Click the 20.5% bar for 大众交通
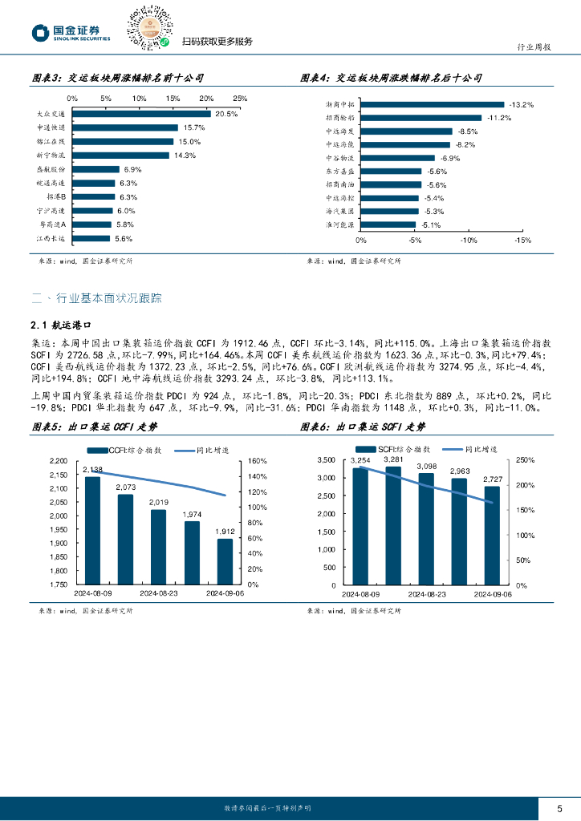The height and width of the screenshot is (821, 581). click(x=141, y=114)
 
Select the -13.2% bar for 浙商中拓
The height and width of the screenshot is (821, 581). click(x=432, y=104)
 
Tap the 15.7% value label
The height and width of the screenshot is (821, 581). click(x=194, y=128)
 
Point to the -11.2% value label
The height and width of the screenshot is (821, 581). click(x=500, y=118)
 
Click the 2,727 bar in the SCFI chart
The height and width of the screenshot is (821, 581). click(x=492, y=536)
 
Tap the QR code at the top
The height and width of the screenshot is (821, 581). click(x=150, y=28)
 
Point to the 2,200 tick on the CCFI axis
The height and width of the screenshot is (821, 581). click(x=59, y=461)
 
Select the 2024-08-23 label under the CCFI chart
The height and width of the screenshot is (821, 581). click(x=159, y=594)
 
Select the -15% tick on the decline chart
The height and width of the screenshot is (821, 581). click(x=522, y=240)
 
